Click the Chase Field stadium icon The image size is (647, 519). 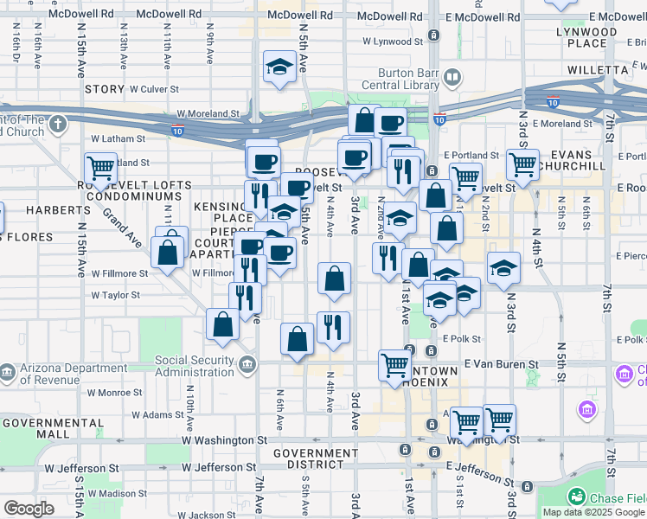point(575,497)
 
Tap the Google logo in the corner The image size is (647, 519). point(29,509)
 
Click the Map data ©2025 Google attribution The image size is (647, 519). point(593,512)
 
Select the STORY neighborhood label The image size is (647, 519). point(105,88)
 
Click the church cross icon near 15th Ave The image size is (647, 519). point(58,125)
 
